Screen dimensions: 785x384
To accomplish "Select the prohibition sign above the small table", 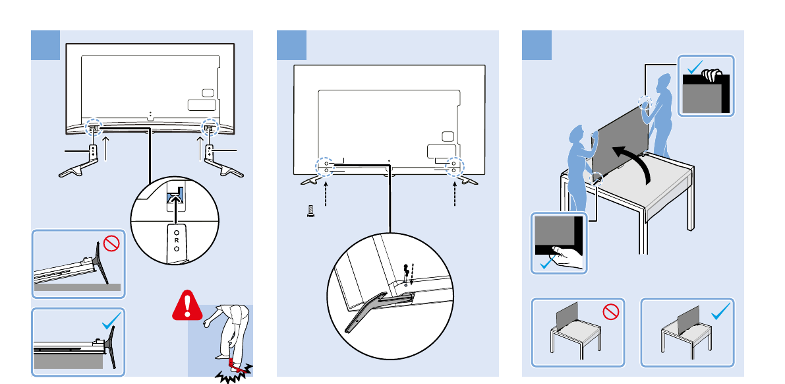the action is pos(611,312).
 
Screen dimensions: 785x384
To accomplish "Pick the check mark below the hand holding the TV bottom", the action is pos(546,264).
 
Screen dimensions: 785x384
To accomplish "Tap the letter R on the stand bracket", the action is pos(177,240).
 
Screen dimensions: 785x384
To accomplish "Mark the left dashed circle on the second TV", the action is pos(324,165).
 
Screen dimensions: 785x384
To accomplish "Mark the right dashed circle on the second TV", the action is pos(453,165).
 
